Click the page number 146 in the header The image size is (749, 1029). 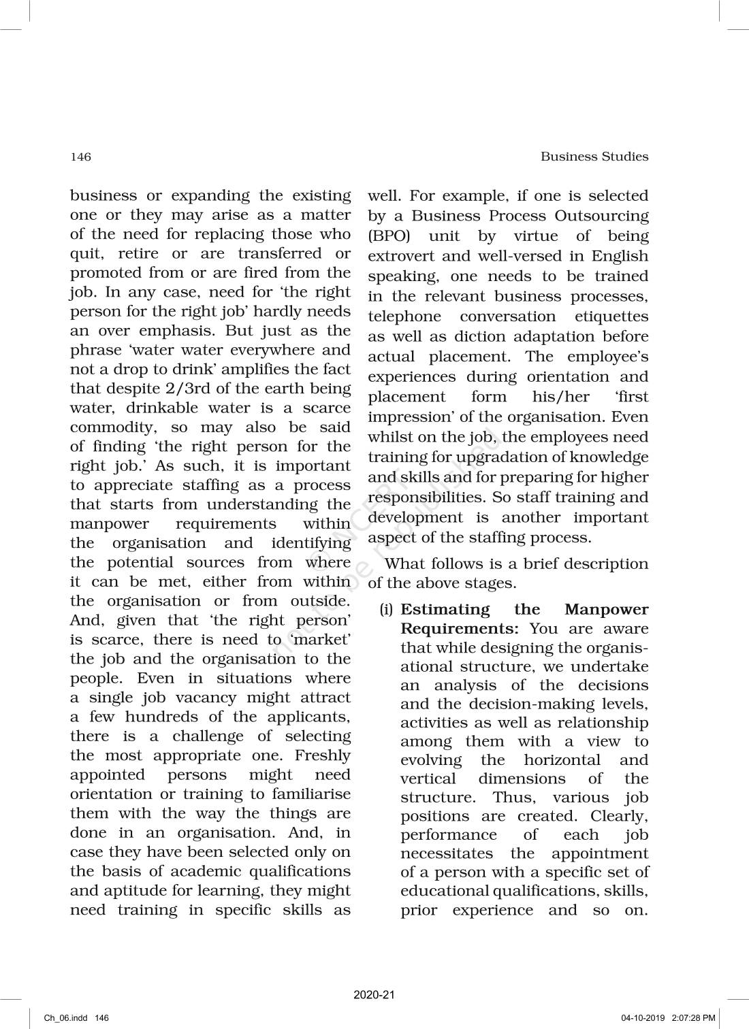coord(80,157)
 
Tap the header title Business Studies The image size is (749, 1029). coord(594,157)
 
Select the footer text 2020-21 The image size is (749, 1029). coord(374,995)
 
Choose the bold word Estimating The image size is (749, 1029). coord(445,610)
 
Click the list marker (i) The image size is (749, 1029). coord(386,610)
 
